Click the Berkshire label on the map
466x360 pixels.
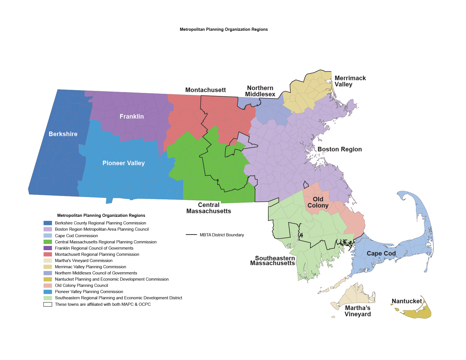[63, 134]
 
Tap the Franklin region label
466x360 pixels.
[132, 117]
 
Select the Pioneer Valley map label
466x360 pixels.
[123, 163]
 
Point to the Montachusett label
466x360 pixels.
[205, 90]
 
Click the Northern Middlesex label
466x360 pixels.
[260, 91]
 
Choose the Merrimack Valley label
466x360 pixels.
[350, 81]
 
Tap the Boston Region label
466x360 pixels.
[339, 149]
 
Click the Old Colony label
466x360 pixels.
[318, 202]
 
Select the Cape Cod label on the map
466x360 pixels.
[381, 254]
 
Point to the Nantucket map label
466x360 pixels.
[407, 301]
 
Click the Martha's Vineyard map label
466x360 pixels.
[358, 311]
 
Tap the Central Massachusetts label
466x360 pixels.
[209, 208]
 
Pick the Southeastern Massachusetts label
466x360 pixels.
[273, 261]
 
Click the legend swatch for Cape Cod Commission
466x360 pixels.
[48, 236]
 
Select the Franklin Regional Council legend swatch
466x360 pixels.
[48, 248]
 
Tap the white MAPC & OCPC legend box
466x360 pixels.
[48, 304]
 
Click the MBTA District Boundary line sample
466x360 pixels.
[191, 235]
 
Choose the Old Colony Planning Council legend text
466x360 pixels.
[81, 285]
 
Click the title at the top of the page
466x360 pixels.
[224, 29]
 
